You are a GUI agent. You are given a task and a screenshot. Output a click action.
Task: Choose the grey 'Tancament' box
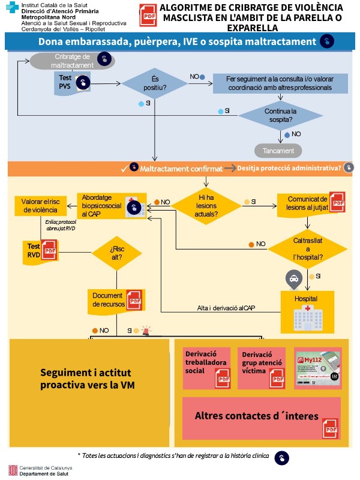278,151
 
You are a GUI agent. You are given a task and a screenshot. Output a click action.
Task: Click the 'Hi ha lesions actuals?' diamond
207,205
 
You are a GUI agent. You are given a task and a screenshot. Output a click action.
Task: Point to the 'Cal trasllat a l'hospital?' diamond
307,248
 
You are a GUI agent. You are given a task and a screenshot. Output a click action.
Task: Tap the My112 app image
317,368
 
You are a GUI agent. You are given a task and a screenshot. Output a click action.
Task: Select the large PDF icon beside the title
147,15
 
